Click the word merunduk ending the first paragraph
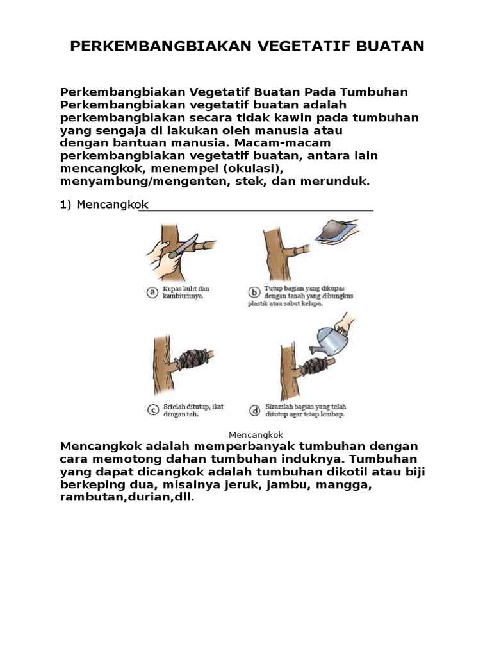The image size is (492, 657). tap(339, 181)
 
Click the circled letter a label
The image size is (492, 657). tap(152, 293)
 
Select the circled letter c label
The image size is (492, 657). tap(152, 410)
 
